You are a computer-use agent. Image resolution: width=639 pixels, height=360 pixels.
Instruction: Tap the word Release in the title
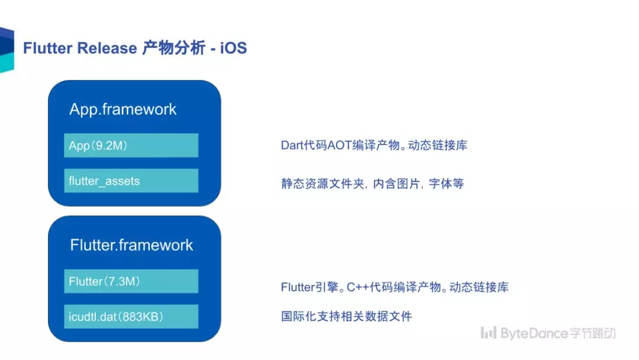(107, 48)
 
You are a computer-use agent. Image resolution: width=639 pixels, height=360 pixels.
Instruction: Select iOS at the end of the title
(234, 48)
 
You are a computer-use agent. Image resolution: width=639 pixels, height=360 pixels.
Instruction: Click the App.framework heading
(122, 110)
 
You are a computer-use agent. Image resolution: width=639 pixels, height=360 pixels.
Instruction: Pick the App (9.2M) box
(131, 145)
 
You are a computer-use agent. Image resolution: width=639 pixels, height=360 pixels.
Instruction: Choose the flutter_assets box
(131, 181)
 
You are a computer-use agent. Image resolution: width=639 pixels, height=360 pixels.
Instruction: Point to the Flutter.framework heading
(131, 245)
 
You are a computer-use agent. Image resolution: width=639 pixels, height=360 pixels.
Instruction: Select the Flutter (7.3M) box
(131, 281)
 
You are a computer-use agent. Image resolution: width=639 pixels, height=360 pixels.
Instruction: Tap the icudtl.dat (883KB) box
(131, 316)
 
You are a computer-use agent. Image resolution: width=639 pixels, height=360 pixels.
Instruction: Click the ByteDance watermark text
(534, 333)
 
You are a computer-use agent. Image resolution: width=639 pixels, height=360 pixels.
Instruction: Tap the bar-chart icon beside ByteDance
(488, 333)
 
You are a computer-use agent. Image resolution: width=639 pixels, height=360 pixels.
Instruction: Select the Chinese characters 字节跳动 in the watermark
(592, 333)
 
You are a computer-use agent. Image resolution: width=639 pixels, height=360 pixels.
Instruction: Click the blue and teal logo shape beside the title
(7, 50)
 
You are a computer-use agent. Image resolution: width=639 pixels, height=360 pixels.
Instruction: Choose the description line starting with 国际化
(346, 316)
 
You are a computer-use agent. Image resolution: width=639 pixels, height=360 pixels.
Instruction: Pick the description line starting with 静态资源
(373, 184)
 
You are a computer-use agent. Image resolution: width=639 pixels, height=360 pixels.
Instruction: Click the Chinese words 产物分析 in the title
(173, 48)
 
